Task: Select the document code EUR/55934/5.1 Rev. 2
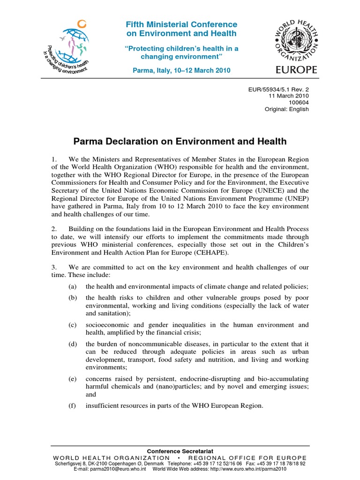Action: (283, 88)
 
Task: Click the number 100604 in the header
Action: (298, 102)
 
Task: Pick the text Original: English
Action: (287, 109)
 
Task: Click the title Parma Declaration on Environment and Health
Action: (180, 141)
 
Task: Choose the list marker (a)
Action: (72, 286)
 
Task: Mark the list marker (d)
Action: (72, 343)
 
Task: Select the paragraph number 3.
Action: (54, 267)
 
